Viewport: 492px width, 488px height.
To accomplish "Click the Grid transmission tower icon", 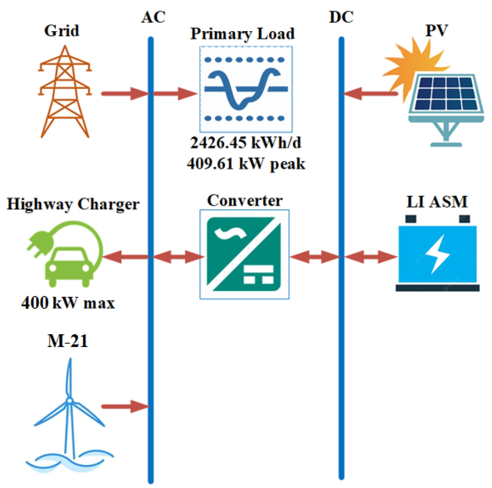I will pos(65,92).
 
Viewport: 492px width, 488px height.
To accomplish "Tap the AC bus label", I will pos(153,17).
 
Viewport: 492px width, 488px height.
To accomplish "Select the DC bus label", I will pos(341,17).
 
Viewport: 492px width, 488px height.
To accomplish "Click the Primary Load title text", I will pos(243,34).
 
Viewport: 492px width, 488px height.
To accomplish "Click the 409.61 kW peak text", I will pos(246,164).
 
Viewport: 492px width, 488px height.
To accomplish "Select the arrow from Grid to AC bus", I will pos(125,94).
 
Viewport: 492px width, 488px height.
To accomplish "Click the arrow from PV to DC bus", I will pos(369,94).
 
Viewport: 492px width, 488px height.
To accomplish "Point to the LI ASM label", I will pos(437,202).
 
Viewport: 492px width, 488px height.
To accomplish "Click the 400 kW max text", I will pos(68,303).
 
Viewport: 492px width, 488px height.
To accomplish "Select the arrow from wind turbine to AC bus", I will pos(125,406).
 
